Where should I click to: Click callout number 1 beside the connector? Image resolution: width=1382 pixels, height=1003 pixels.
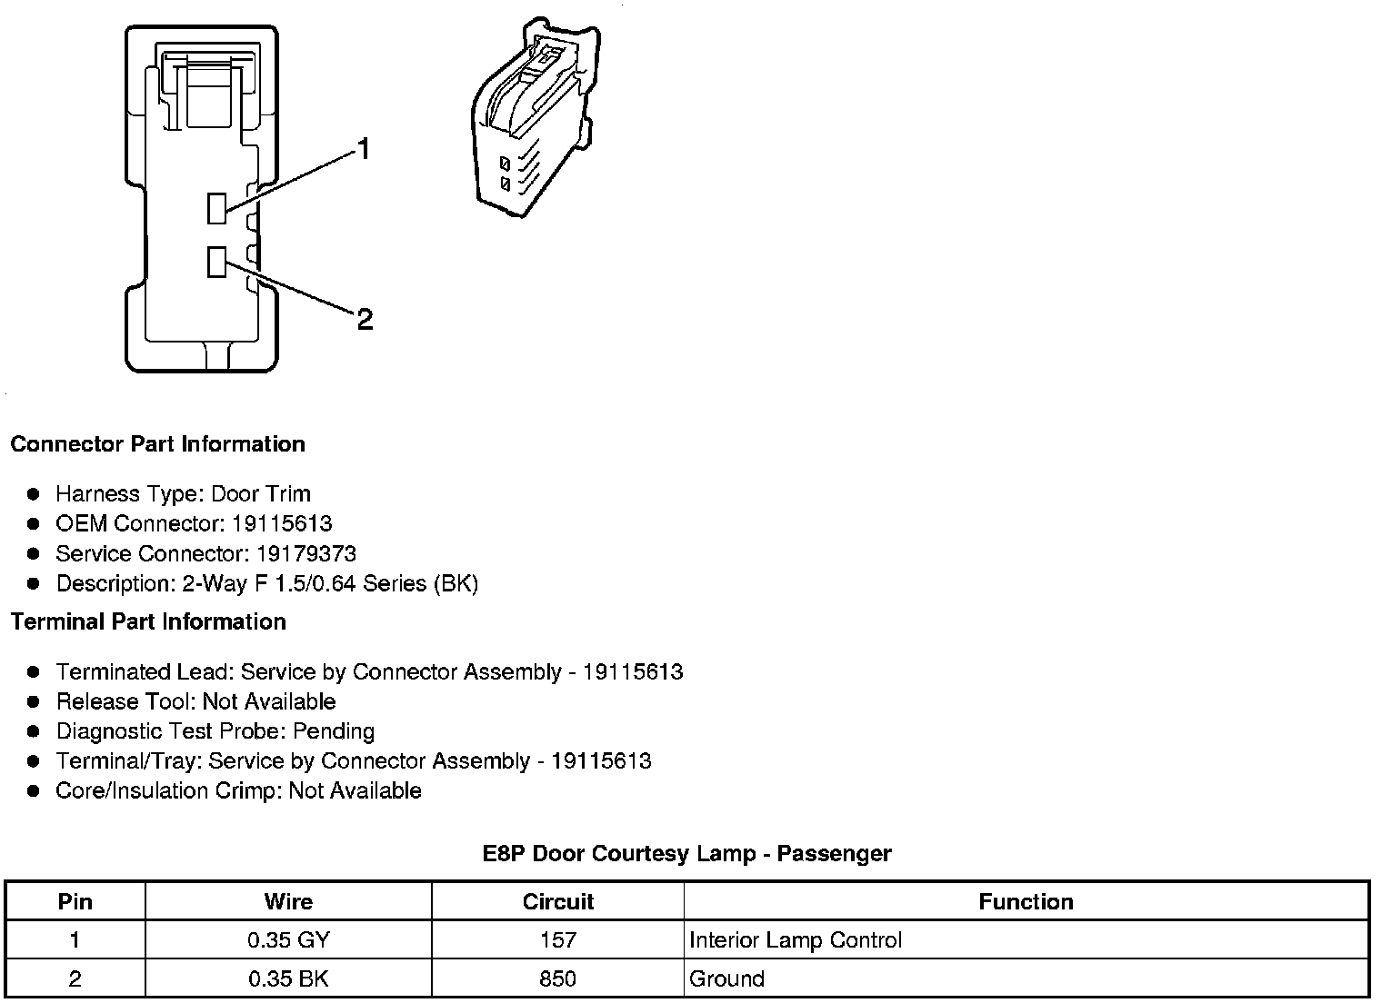pyautogui.click(x=364, y=149)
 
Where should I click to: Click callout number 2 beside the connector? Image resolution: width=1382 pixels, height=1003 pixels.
pyautogui.click(x=365, y=319)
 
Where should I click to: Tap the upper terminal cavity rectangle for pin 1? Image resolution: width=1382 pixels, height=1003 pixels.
pyautogui.click(x=216, y=208)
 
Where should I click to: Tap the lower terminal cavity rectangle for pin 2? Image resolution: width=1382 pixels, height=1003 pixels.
pyautogui.click(x=216, y=262)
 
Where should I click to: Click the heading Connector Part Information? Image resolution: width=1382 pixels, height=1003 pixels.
pyautogui.click(x=157, y=444)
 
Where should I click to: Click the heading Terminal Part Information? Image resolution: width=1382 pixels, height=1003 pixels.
pyautogui.click(x=148, y=622)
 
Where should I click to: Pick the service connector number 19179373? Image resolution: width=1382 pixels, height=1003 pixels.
pyautogui.click(x=306, y=554)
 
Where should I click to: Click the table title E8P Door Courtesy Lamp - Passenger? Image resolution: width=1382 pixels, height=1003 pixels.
pyautogui.click(x=686, y=854)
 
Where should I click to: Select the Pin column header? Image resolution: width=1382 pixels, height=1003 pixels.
pyautogui.click(x=75, y=902)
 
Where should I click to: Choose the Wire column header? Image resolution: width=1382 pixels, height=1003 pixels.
pyautogui.click(x=288, y=902)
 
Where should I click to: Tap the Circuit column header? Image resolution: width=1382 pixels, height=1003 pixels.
pyautogui.click(x=557, y=902)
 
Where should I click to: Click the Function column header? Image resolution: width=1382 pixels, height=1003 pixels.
pyautogui.click(x=1026, y=902)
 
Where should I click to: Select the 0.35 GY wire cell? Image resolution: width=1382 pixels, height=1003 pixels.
pyautogui.click(x=288, y=940)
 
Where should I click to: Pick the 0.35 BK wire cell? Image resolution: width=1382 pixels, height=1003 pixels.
pyautogui.click(x=288, y=979)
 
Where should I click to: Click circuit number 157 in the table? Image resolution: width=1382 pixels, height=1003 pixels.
pyautogui.click(x=557, y=940)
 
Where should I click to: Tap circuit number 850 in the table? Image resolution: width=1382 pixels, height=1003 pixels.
pyautogui.click(x=557, y=979)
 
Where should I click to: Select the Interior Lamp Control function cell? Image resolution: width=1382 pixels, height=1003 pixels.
pyautogui.click(x=796, y=940)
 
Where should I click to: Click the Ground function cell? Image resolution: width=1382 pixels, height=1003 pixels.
pyautogui.click(x=726, y=979)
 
